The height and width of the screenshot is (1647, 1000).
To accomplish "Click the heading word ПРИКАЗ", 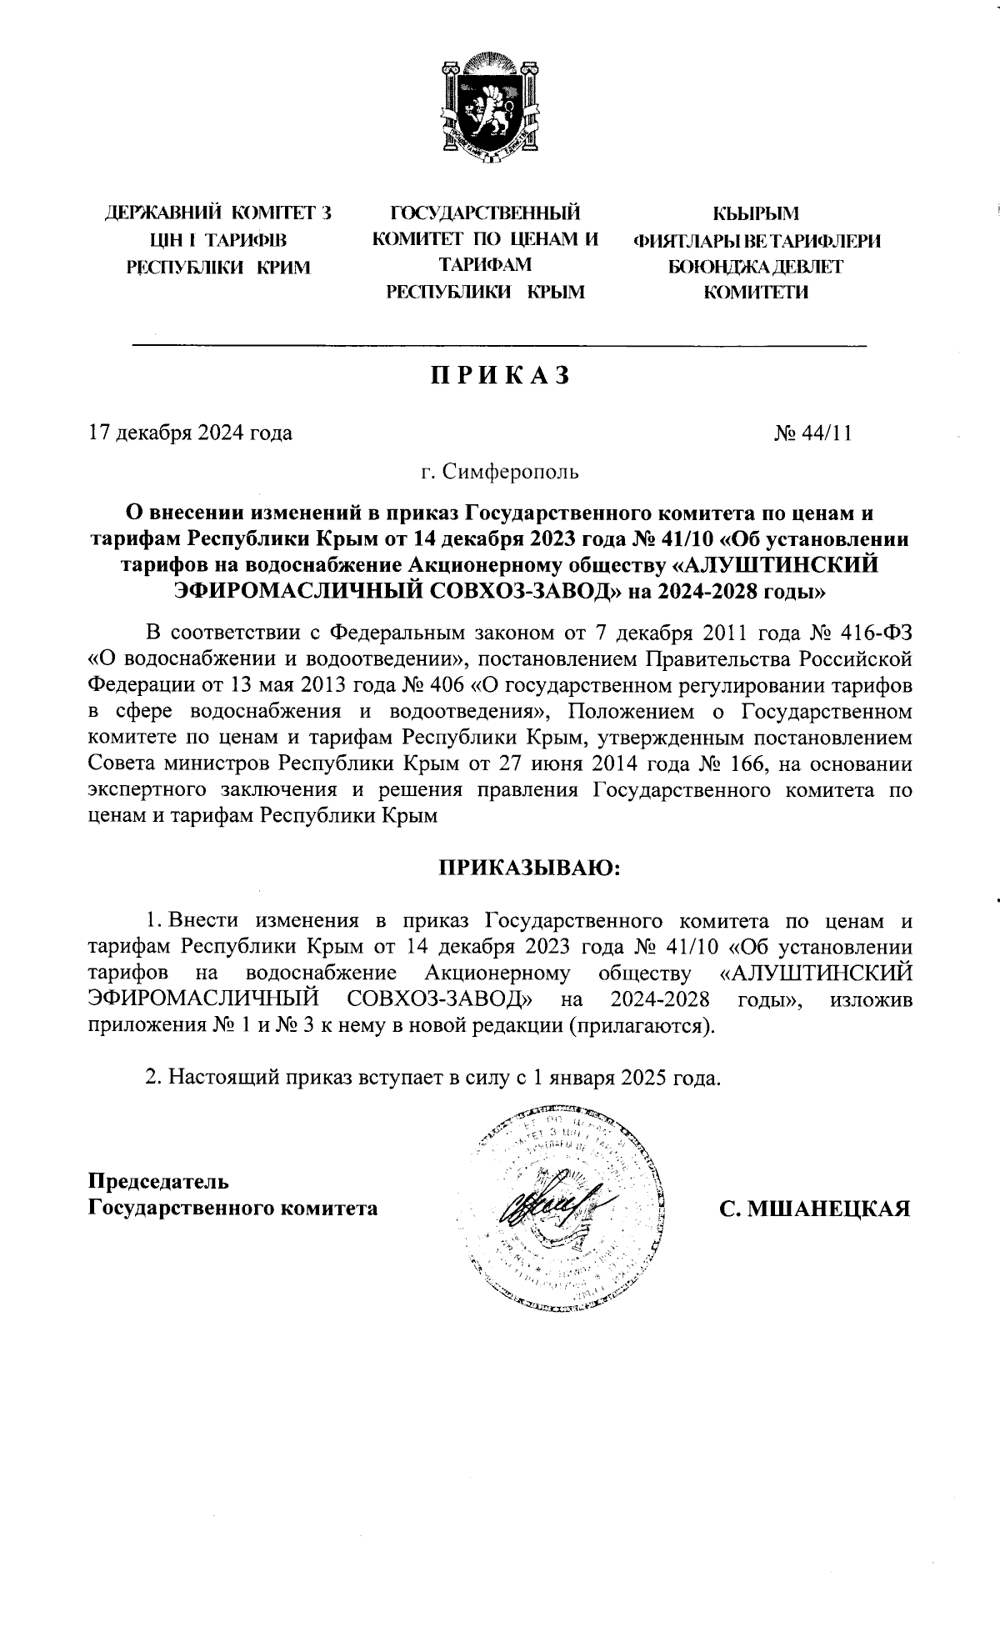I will click(x=500, y=376).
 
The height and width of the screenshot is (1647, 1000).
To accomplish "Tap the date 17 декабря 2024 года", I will click(x=190, y=433).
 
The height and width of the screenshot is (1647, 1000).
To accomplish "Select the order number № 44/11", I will click(x=812, y=433).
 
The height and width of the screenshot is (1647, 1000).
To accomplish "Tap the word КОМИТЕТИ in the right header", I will click(x=756, y=293).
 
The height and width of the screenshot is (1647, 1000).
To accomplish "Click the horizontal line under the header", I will click(x=500, y=345).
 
